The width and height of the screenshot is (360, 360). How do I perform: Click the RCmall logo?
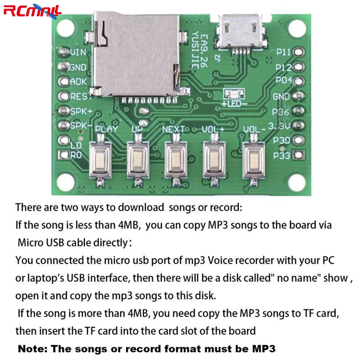pyautogui.click(x=33, y=11)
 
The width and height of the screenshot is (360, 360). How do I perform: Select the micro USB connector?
pyautogui.click(x=240, y=32)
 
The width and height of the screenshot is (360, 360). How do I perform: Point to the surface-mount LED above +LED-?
pyautogui.click(x=234, y=94)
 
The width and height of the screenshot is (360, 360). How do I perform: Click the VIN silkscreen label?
pyautogui.click(x=78, y=53)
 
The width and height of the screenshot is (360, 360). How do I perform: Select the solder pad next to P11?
pyautogui.click(x=299, y=52)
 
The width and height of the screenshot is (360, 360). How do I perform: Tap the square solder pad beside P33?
pyautogui.click(x=299, y=155)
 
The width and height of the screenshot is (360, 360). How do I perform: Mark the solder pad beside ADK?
pyautogui.click(x=64, y=82)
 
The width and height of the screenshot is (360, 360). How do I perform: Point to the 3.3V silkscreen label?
pyautogui.click(x=279, y=126)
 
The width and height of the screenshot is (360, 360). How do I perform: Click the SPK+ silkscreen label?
pyautogui.click(x=81, y=111)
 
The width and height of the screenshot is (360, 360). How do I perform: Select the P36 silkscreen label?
pyautogui.click(x=280, y=112)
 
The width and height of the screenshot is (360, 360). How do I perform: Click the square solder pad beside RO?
pyautogui.click(x=64, y=155)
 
